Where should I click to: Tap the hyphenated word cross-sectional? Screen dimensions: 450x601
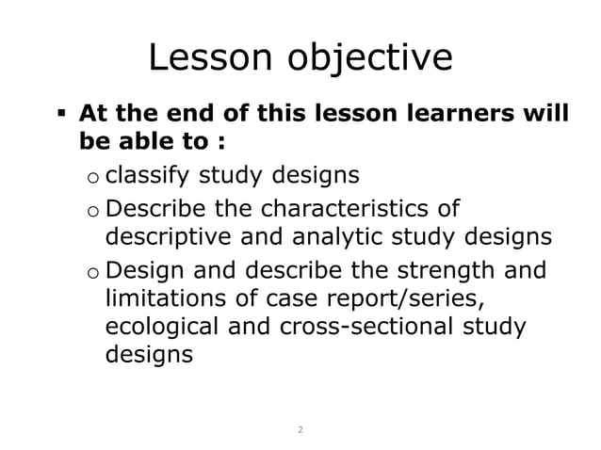point(375,327)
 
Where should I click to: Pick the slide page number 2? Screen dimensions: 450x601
point(300,429)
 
